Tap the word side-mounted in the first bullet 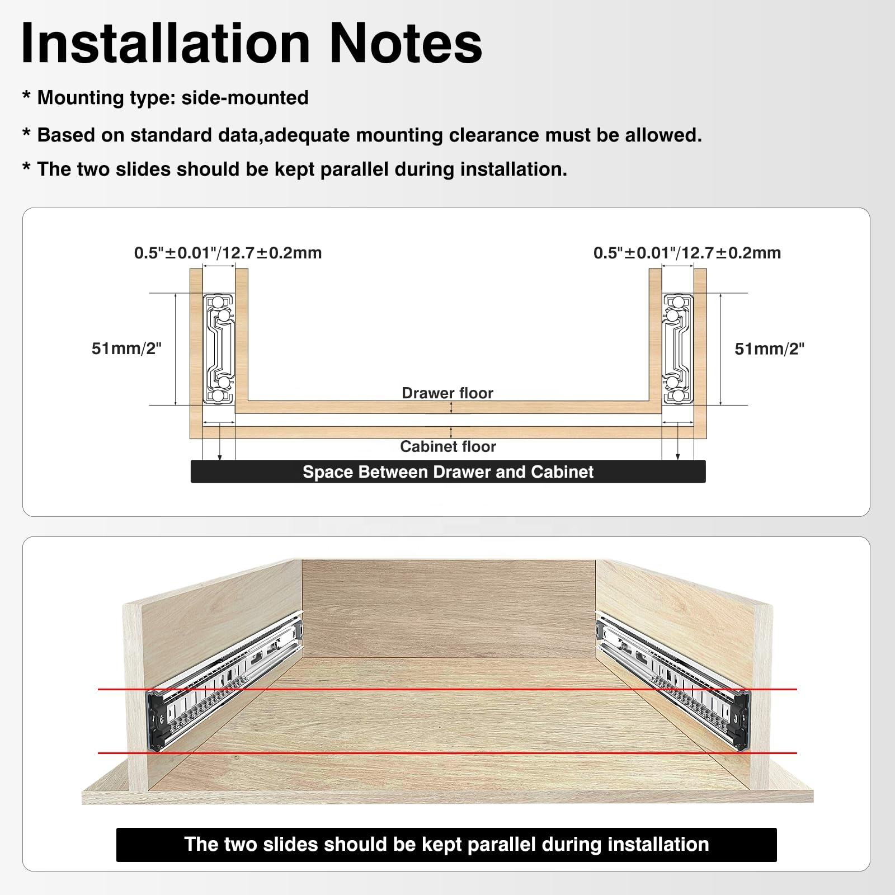(x=245, y=98)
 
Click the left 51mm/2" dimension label (x=126, y=349)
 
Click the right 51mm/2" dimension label (x=769, y=349)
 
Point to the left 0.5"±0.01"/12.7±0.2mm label (x=228, y=253)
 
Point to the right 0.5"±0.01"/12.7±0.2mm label (x=687, y=253)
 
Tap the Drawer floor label (x=447, y=393)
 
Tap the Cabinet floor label (x=448, y=446)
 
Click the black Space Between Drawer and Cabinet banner (x=448, y=472)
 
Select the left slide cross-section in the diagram (x=219, y=349)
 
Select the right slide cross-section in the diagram (x=677, y=349)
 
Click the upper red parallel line (x=447, y=689)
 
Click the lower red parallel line (x=447, y=753)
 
